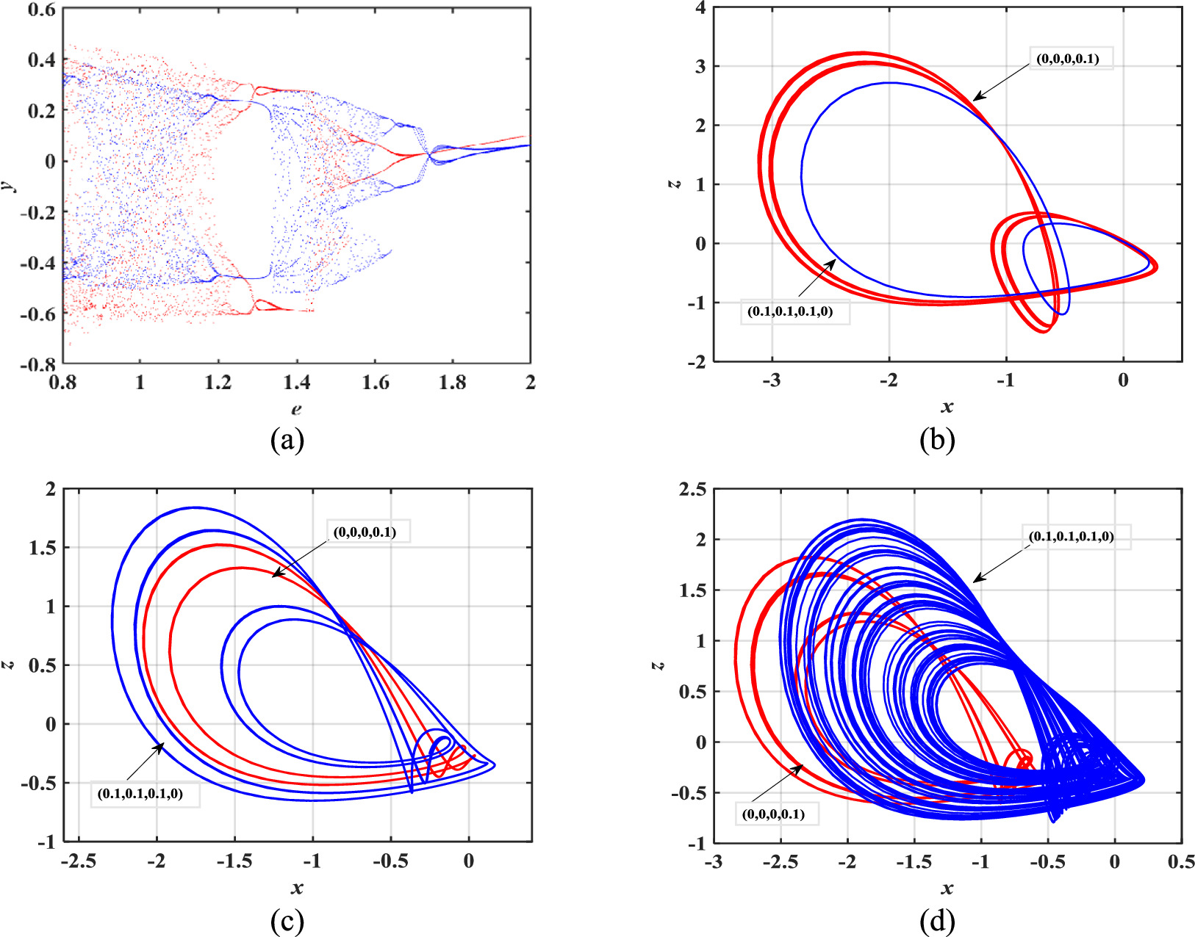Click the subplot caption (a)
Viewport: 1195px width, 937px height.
click(x=287, y=440)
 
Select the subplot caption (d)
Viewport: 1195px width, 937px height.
click(x=937, y=921)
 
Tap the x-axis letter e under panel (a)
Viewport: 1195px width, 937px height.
click(x=296, y=409)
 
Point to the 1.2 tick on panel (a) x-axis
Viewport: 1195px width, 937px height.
click(x=218, y=382)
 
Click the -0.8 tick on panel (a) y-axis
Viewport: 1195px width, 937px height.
click(x=41, y=364)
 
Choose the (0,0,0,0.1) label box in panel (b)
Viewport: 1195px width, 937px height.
click(x=1068, y=59)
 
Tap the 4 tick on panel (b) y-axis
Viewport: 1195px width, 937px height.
click(x=700, y=8)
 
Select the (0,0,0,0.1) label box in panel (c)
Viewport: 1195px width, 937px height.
click(x=365, y=532)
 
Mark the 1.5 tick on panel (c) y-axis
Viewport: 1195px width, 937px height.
click(x=43, y=548)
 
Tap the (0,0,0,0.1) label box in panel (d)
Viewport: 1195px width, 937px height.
click(x=773, y=814)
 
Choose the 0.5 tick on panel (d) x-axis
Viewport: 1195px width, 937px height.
click(x=1180, y=861)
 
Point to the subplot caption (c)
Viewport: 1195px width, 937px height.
click(x=287, y=921)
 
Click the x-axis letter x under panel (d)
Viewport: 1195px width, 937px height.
click(x=947, y=889)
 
